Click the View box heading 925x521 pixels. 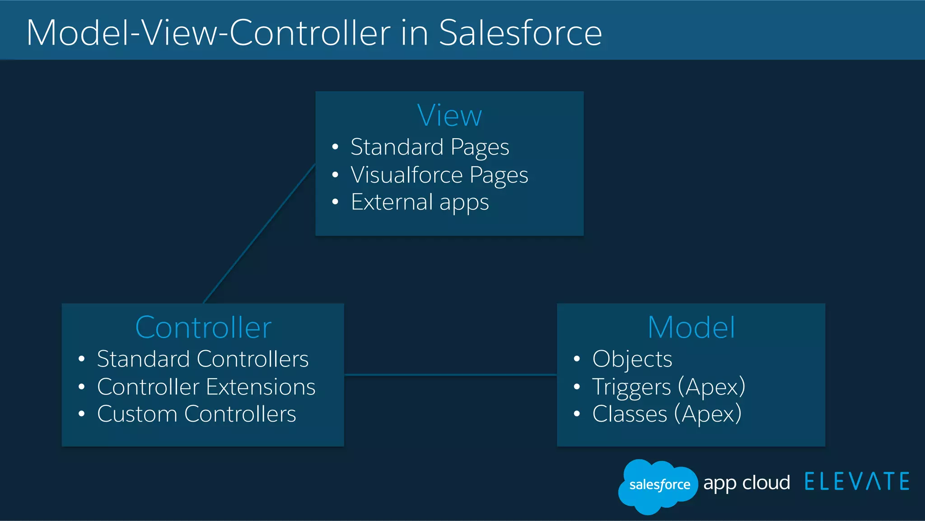coord(449,116)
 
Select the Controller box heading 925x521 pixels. coord(203,327)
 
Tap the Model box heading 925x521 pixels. coord(691,327)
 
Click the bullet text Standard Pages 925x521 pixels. coord(430,147)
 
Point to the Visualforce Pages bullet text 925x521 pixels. coord(439,175)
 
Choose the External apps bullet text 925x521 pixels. coord(420,202)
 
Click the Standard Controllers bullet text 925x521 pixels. coord(202,359)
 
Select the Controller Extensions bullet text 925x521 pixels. coord(206,387)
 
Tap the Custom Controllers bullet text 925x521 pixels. coord(196,414)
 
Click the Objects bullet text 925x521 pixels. coord(632,359)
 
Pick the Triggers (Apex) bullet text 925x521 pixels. coord(668,387)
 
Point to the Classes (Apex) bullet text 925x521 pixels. coord(667,414)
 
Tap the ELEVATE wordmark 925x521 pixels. coord(857,482)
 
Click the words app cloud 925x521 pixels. coord(746,483)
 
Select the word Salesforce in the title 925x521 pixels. coord(520,33)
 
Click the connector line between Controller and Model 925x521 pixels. coord(450,375)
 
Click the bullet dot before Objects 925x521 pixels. coord(576,359)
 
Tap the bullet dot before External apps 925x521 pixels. coord(335,202)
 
